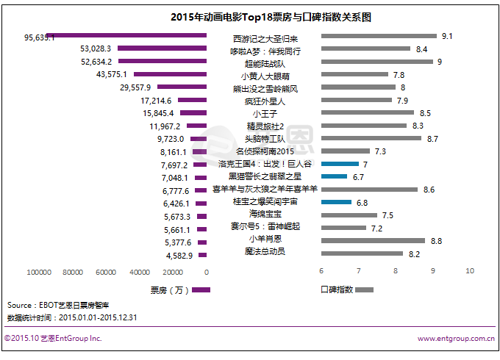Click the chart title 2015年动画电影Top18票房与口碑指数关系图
[250, 16]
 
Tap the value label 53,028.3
[95, 48]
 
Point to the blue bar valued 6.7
[334, 176]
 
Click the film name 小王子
[265, 113]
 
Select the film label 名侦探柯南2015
[265, 151]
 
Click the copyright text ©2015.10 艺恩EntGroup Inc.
[52, 339]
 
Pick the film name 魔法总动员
[265, 252]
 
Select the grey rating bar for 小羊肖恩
[373, 240]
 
